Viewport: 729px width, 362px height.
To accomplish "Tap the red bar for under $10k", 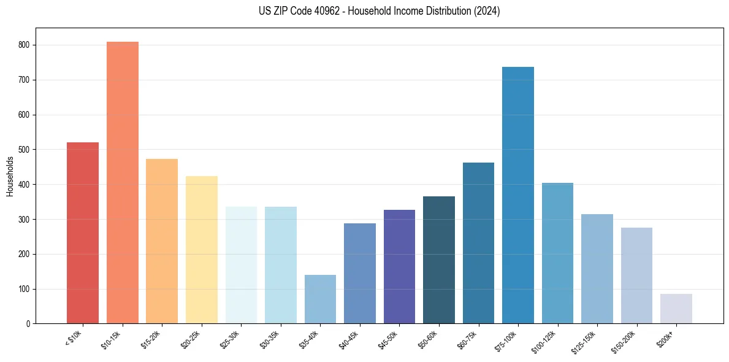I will click(83, 233).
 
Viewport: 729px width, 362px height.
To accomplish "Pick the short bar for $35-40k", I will click(320, 299).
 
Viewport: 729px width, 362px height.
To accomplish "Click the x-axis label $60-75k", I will click(467, 339).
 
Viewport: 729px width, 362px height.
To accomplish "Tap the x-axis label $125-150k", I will click(584, 341).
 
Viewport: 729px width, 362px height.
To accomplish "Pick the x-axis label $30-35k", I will click(270, 339).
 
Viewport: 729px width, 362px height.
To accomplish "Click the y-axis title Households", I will click(10, 176).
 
